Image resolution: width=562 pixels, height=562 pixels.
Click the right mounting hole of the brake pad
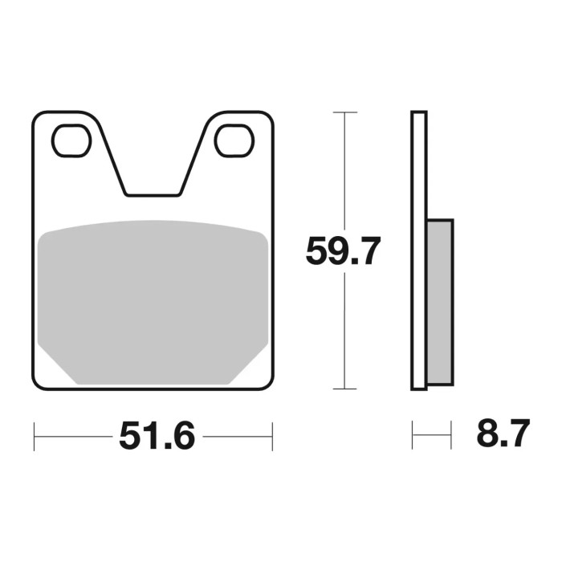pos(234,140)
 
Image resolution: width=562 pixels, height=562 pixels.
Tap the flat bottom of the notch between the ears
pos(153,194)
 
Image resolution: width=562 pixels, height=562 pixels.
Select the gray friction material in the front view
pos(153,297)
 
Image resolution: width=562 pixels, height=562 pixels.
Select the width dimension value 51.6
pos(157,437)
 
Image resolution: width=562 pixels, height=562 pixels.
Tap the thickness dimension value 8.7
pos(503,435)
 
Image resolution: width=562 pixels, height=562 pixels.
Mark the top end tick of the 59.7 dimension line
pos(344,112)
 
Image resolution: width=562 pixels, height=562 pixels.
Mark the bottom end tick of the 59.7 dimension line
pos(344,389)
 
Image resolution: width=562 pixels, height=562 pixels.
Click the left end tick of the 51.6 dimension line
pos(35,437)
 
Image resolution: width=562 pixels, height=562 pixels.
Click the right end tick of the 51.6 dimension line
pos(272,437)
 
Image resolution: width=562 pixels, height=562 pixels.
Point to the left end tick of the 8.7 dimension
pos(413,436)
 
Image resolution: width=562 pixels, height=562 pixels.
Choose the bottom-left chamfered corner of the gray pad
pos(56,365)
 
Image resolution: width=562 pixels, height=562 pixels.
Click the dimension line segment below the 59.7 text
pos(344,329)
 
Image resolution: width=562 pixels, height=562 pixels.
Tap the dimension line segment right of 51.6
pos(237,437)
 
